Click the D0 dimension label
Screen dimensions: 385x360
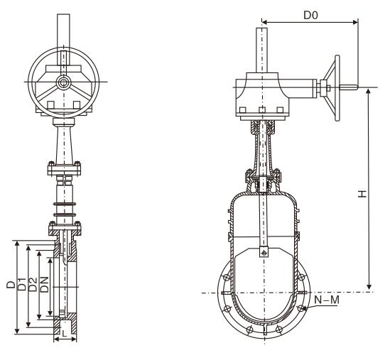tap(310, 15)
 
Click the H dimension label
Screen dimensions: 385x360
tap(362, 194)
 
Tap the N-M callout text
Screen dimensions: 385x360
tap(326, 300)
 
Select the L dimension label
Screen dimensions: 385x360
tap(65, 333)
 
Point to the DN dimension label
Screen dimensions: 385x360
tap(45, 284)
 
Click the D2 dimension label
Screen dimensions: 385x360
tap(33, 284)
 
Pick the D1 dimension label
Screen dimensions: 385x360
tap(22, 284)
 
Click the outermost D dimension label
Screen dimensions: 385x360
tap(11, 284)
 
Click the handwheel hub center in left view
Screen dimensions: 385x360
tap(63, 82)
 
